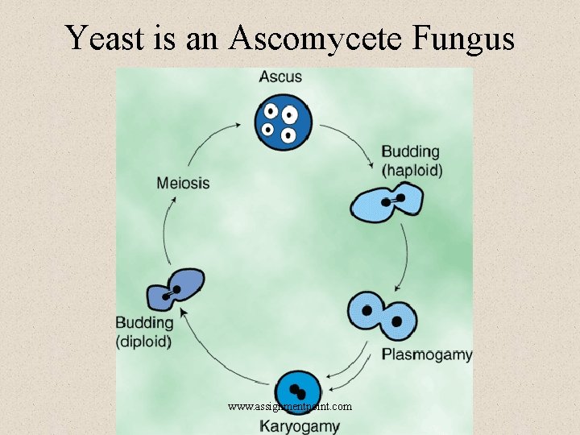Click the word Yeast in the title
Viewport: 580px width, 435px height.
[104, 37]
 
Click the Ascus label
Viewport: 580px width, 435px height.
[280, 77]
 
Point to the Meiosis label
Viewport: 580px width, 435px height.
[183, 183]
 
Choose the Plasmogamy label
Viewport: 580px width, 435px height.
[427, 354]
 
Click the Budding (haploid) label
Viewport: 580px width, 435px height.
[411, 160]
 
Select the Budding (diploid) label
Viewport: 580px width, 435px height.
[144, 332]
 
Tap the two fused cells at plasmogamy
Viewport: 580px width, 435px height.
[383, 316]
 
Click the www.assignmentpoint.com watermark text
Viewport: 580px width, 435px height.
[290, 407]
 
